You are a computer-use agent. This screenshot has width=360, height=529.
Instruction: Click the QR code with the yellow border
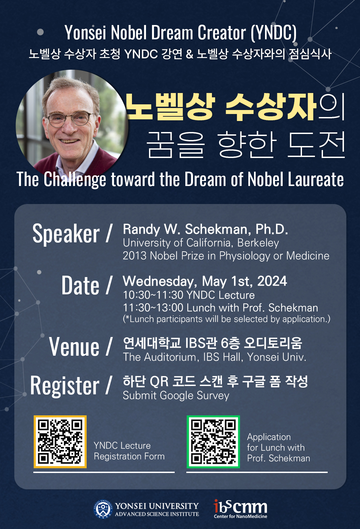click(60, 442)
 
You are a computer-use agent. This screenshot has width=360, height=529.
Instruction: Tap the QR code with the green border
click(213, 442)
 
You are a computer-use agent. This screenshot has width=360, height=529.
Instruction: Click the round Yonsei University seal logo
click(103, 509)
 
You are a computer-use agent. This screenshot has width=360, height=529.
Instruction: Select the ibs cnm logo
click(240, 509)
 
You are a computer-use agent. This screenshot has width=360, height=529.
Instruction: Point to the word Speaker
click(66, 234)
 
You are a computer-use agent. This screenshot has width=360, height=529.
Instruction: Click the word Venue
click(74, 346)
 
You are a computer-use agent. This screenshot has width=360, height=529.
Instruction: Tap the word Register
click(65, 386)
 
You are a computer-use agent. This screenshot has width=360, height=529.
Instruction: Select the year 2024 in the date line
click(272, 281)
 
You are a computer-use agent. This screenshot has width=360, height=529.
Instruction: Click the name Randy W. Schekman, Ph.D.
click(205, 229)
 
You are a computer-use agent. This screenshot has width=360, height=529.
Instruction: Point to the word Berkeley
click(258, 243)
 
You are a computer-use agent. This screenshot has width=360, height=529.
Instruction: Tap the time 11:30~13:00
click(153, 308)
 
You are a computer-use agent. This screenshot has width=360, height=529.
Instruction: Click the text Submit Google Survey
click(176, 396)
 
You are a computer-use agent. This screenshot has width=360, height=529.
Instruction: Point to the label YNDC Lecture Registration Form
click(129, 451)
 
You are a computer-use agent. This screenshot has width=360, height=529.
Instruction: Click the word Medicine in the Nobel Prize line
click(308, 256)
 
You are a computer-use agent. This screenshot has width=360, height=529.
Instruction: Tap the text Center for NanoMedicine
click(240, 516)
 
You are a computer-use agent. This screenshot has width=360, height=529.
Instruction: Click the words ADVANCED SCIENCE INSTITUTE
click(157, 514)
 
